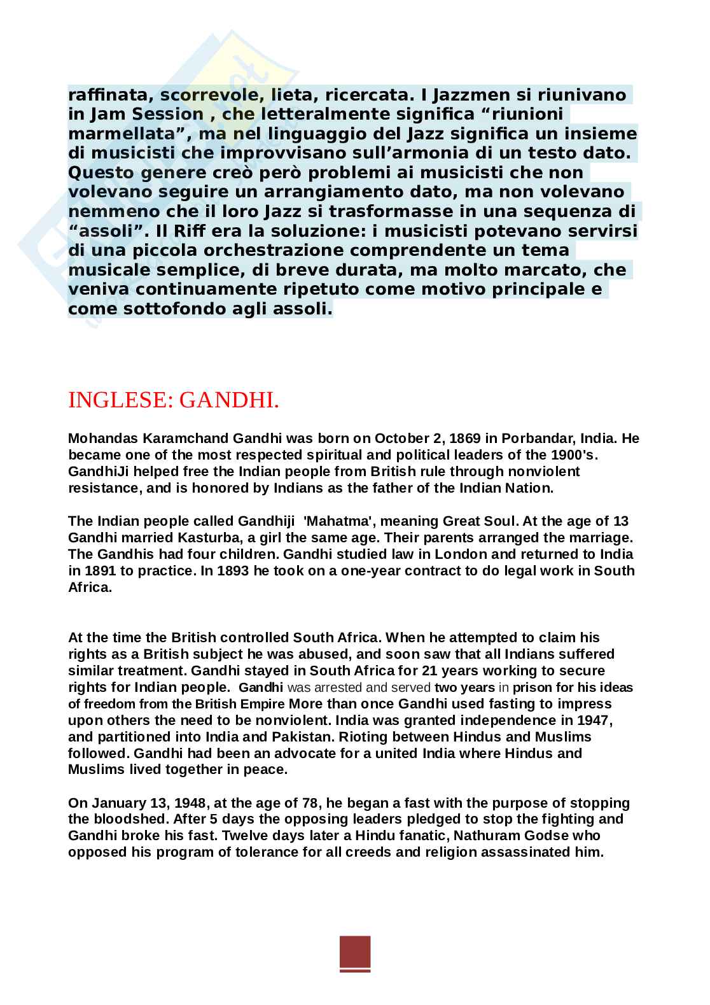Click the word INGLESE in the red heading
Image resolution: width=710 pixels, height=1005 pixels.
120,400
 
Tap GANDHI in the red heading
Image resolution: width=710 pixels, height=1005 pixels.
229,400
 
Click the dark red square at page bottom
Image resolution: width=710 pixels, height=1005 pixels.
355,953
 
